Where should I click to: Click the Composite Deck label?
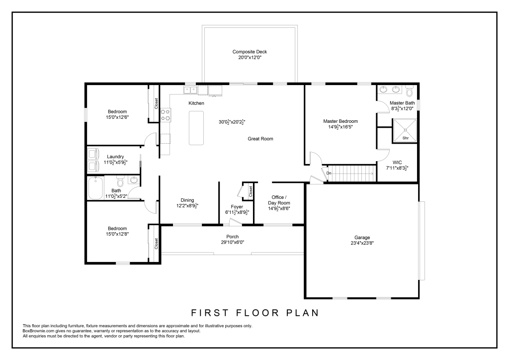(250, 52)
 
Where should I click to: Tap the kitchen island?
(196, 128)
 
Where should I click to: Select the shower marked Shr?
(405, 130)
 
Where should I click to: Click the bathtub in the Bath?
(95, 188)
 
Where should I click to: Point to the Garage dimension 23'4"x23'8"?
(362, 243)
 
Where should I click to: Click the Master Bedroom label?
(340, 121)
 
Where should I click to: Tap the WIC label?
(397, 162)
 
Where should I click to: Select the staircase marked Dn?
(351, 173)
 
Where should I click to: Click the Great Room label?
(260, 139)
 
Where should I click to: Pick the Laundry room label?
(115, 157)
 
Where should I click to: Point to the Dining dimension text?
(187, 206)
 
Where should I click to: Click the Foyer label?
(237, 207)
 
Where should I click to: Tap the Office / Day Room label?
(279, 200)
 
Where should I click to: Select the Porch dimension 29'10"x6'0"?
(233, 242)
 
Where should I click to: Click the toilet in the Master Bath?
(409, 90)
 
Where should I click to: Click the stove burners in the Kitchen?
(166, 115)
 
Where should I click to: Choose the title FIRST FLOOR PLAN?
(255, 313)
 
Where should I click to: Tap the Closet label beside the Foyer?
(251, 191)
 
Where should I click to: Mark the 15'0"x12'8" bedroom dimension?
(117, 234)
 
